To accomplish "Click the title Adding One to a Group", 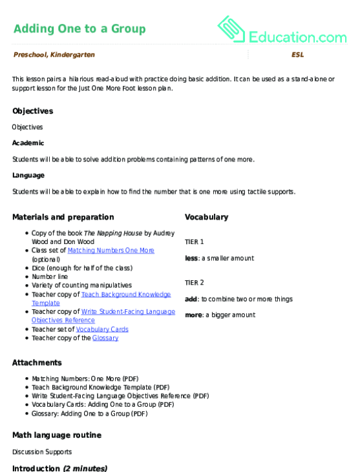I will [x=79, y=29].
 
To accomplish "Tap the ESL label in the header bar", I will [x=297, y=55].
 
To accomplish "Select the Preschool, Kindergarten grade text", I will [x=54, y=55].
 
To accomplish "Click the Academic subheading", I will [x=28, y=143].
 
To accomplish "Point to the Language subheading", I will [x=28, y=175].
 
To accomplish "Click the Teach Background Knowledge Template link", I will [x=126, y=294].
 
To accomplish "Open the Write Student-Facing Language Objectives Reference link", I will [x=128, y=311].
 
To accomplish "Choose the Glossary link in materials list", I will [x=105, y=338].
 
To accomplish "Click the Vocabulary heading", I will [x=206, y=217].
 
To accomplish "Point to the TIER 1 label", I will [x=194, y=241].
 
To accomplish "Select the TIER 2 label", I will [x=194, y=282].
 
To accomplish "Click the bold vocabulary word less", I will [x=191, y=258].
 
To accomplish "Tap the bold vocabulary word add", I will [x=191, y=299].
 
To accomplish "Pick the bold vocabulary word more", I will [x=193, y=315].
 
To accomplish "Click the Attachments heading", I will [x=37, y=363].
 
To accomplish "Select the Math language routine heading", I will [x=56, y=435].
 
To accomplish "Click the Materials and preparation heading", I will [x=63, y=217].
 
